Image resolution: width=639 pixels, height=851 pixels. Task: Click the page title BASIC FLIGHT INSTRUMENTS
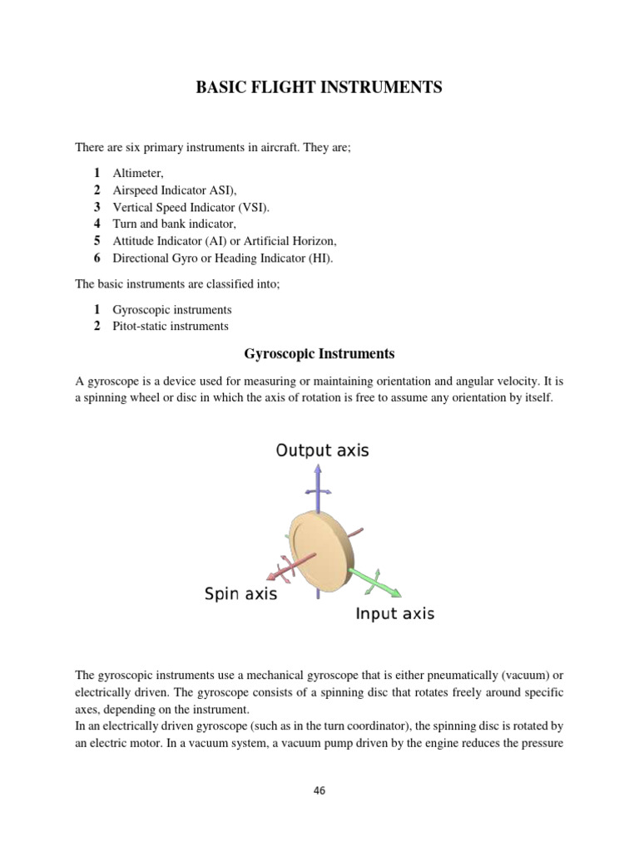[319, 88]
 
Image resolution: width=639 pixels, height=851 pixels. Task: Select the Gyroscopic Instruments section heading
[319, 354]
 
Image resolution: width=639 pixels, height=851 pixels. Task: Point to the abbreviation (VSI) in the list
[253, 207]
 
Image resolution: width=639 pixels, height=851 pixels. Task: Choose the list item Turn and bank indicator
[175, 224]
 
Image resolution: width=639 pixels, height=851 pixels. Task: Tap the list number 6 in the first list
[97, 258]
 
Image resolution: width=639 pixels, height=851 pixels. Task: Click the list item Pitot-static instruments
[171, 326]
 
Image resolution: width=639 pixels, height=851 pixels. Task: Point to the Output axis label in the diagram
[322, 451]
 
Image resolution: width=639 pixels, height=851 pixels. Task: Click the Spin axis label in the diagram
[240, 594]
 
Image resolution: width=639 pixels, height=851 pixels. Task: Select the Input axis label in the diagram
[394, 614]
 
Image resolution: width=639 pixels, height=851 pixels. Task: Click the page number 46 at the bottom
[319, 790]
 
